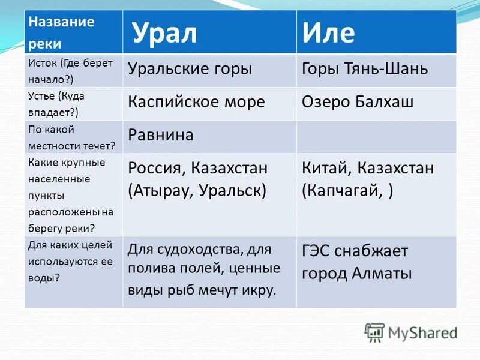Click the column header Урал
click(164, 34)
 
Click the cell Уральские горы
click(190, 68)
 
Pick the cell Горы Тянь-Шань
click(365, 68)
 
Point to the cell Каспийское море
click(196, 101)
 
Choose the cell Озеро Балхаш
click(357, 101)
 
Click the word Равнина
click(160, 134)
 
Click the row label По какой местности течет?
click(71, 137)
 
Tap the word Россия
click(158, 168)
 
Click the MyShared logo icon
click(374, 332)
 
